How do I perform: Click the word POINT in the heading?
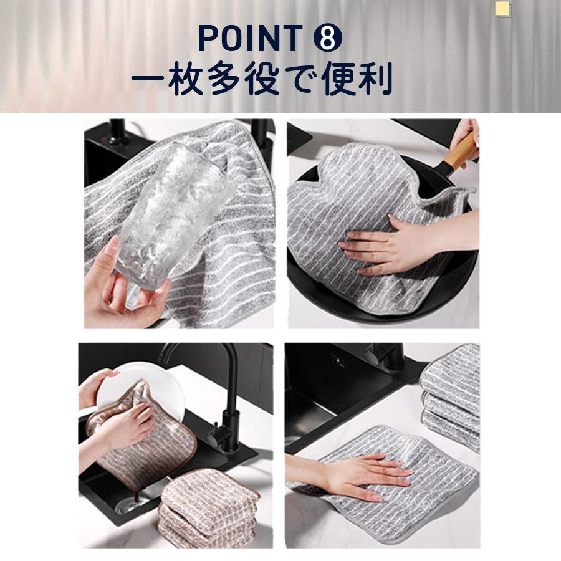point(251,38)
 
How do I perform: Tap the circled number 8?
point(328,38)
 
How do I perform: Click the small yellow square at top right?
point(502,9)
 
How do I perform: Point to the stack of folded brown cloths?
point(208,508)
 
